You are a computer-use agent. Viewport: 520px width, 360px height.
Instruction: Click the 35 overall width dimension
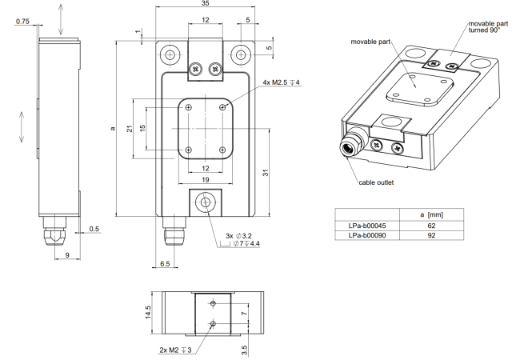tap(206, 3)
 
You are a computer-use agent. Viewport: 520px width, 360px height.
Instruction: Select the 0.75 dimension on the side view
tap(22, 22)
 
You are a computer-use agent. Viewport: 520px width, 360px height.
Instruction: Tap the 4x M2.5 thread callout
tap(282, 82)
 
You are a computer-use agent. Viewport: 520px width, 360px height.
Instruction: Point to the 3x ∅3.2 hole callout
tap(238, 236)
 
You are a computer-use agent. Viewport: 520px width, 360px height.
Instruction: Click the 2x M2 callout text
tap(175, 350)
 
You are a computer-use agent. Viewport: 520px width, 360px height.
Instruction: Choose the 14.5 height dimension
tap(148, 312)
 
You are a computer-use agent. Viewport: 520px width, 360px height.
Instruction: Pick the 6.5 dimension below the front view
tap(165, 264)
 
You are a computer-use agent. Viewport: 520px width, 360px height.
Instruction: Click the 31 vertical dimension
tap(266, 172)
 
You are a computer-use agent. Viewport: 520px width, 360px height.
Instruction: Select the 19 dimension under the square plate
tap(206, 180)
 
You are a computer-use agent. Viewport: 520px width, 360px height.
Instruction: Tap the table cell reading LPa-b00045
tap(367, 226)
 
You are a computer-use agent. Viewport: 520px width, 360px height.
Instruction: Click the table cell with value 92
tap(431, 235)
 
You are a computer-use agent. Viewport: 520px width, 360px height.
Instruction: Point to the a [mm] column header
tap(431, 215)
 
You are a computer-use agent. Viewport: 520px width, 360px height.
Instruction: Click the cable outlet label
tap(376, 182)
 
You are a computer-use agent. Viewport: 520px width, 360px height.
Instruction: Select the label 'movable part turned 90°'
tap(488, 27)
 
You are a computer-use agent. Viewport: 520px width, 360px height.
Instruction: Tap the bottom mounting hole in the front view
tap(206, 202)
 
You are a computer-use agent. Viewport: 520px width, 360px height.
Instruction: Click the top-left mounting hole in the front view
tap(170, 54)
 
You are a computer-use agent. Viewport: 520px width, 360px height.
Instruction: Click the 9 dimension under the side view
tap(67, 255)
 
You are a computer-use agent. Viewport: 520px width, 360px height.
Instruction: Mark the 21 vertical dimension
tap(130, 128)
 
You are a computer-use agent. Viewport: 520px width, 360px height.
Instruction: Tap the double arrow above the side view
tap(60, 19)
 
